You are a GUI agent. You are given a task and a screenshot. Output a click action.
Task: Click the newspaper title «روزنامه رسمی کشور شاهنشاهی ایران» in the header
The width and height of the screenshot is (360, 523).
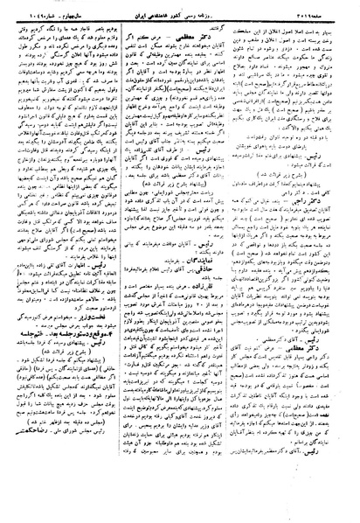185,10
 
